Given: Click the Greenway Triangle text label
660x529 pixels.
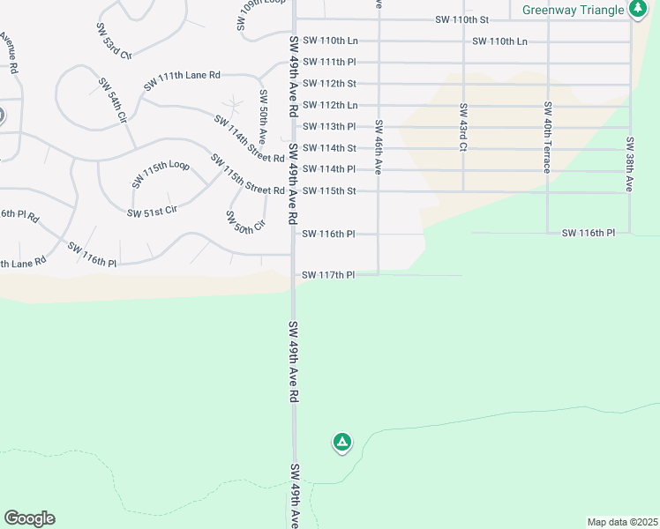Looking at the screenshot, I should [x=573, y=10].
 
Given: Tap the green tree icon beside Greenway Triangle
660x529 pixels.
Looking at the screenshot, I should [x=638, y=9].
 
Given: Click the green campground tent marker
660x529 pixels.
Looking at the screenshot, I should [x=341, y=442].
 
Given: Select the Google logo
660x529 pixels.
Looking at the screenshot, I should [x=29, y=518].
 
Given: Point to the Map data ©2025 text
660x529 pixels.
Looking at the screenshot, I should [x=623, y=522].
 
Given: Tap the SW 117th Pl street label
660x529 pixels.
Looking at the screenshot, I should [x=328, y=275].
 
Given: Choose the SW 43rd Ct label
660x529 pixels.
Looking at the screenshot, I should [x=462, y=127].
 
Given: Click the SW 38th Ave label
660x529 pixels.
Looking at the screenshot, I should [x=630, y=165].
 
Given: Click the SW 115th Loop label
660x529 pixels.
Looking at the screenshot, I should [x=161, y=174].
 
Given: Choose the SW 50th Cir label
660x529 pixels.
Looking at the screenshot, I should [x=244, y=221].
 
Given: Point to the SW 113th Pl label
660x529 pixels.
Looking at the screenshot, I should [x=328, y=126].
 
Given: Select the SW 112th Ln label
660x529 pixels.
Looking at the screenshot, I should [x=328, y=105].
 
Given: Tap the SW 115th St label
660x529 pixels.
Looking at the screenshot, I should [x=328, y=190].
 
